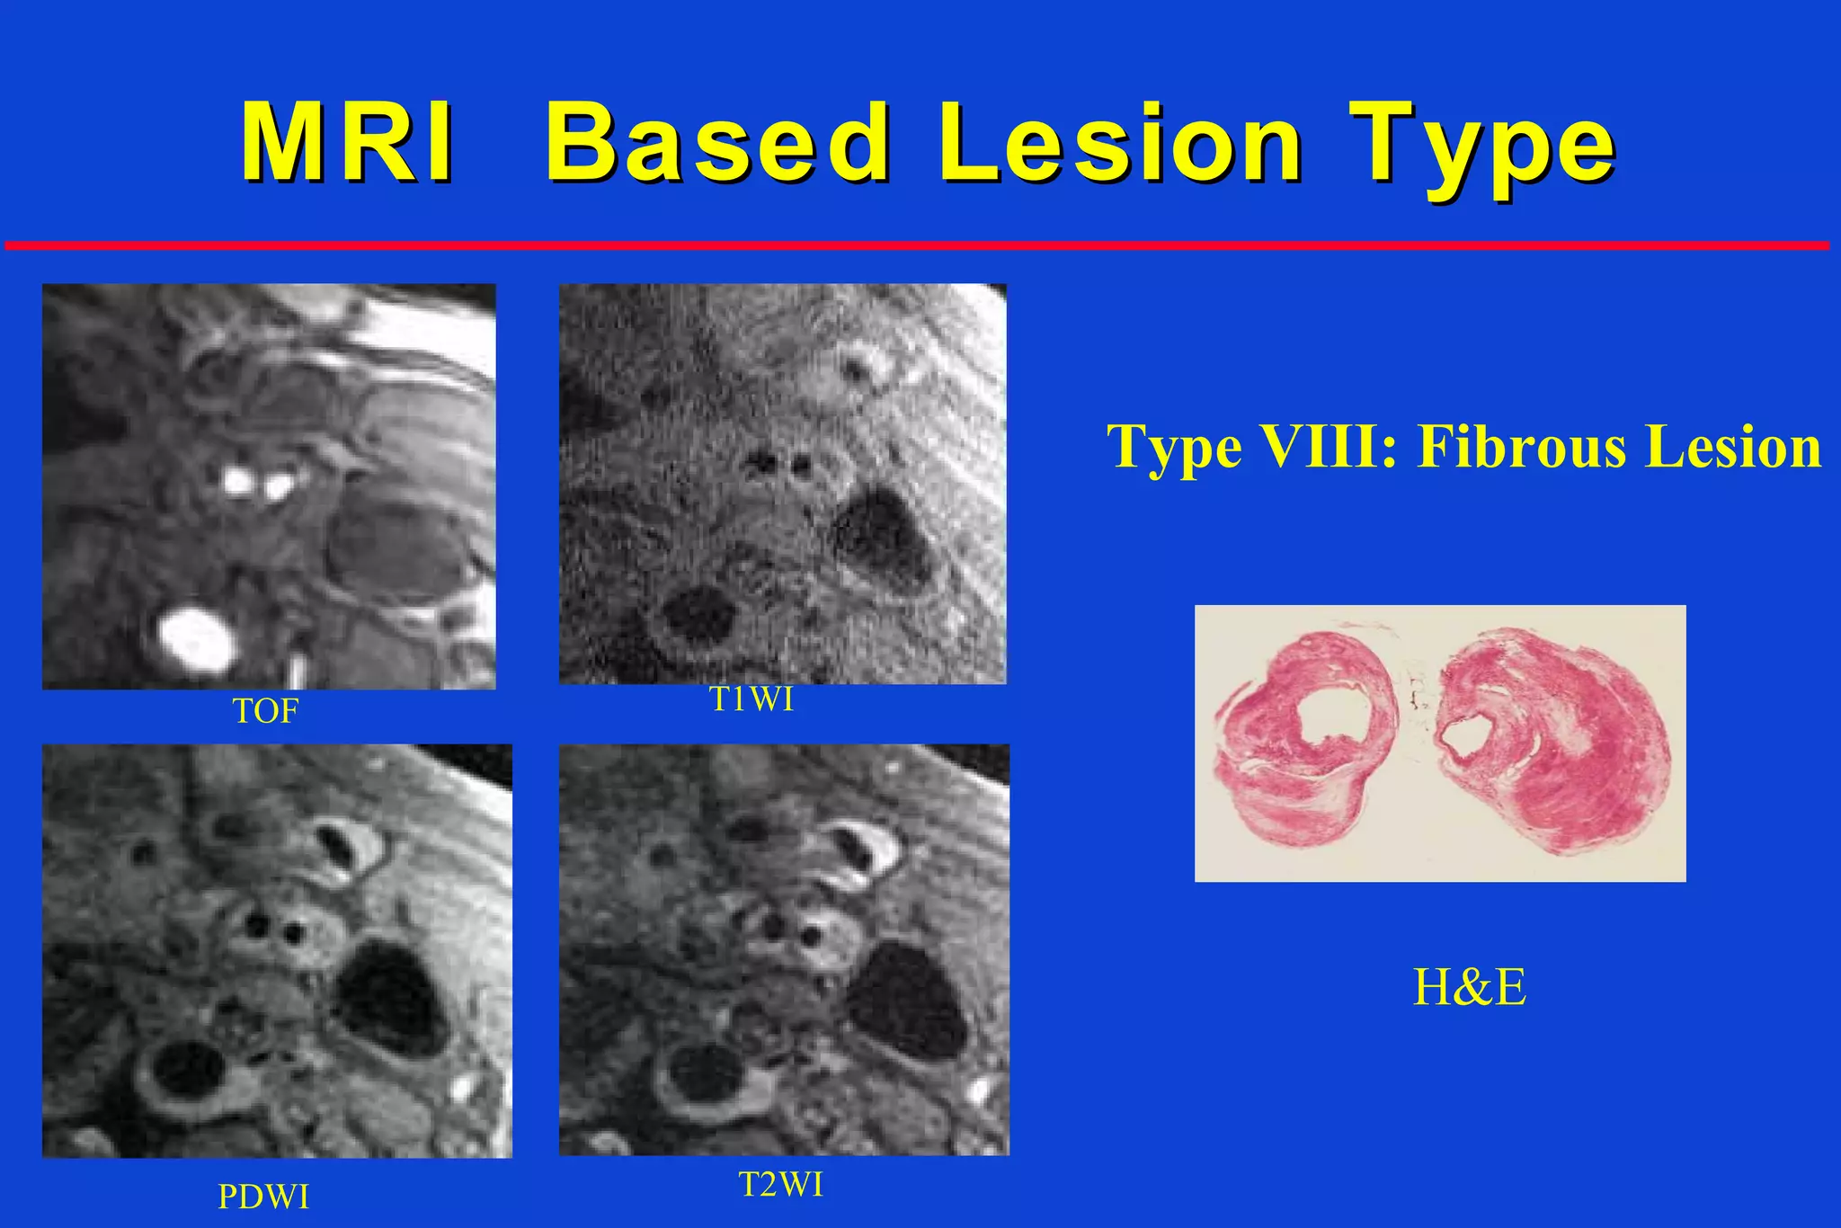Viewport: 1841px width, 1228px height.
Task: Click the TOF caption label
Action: [265, 712]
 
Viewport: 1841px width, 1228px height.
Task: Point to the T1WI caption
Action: [752, 699]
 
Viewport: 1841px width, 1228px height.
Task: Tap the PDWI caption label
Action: [263, 1197]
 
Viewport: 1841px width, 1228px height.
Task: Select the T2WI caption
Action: [780, 1185]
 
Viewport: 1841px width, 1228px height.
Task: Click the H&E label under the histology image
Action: [1469, 987]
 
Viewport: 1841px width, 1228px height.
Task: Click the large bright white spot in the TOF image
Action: [196, 639]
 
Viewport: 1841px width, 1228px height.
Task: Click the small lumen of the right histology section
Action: [1460, 737]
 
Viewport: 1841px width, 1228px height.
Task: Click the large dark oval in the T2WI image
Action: [906, 1000]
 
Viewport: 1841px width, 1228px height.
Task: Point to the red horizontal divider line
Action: [917, 245]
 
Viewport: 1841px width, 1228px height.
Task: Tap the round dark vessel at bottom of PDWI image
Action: [187, 1070]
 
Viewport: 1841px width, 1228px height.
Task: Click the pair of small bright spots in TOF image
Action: [257, 485]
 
